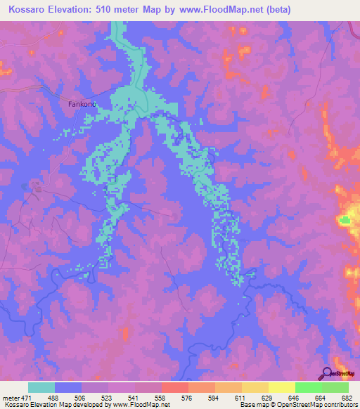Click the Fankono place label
(x=82, y=104)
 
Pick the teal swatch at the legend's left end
(x=41, y=388)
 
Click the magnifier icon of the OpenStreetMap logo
(x=327, y=374)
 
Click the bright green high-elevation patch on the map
(x=345, y=221)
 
